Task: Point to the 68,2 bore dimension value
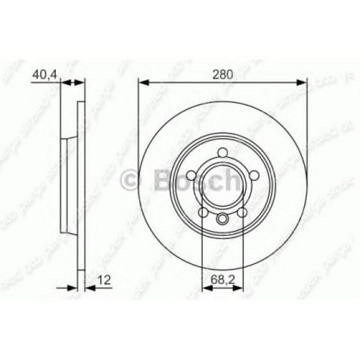pyautogui.click(x=223, y=278)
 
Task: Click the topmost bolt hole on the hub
pyautogui.click(x=223, y=152)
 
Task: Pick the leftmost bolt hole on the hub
pyautogui.click(x=191, y=175)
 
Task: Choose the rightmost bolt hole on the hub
pyautogui.click(x=254, y=175)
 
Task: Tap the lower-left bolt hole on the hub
pyautogui.click(x=203, y=212)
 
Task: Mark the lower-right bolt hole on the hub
pyautogui.click(x=242, y=212)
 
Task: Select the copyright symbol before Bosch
pyautogui.click(x=131, y=178)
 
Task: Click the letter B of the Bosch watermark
pyautogui.click(x=164, y=178)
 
